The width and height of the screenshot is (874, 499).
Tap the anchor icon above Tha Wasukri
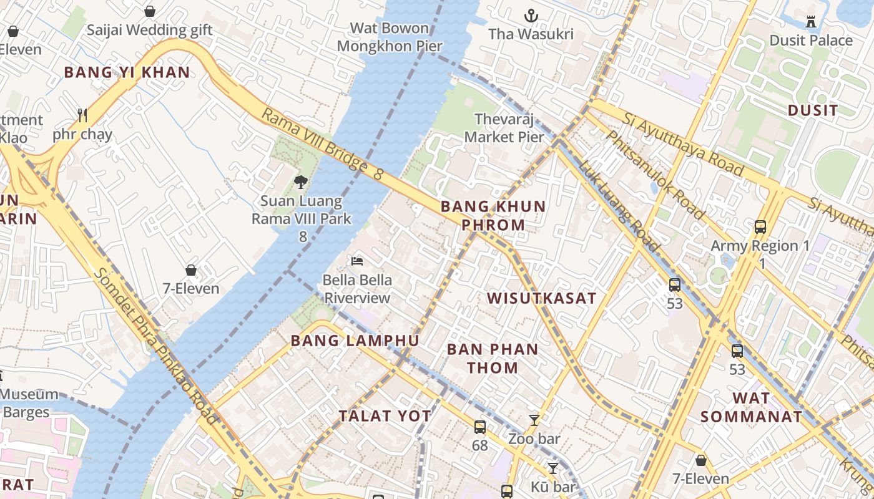click(x=531, y=15)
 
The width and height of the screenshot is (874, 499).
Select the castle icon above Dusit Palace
click(x=811, y=22)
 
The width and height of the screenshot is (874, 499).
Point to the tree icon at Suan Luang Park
click(x=301, y=182)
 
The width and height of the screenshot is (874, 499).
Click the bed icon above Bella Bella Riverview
click(x=357, y=261)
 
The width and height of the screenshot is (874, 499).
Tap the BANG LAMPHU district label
click(x=355, y=341)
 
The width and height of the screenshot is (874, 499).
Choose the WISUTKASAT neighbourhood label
click(x=541, y=298)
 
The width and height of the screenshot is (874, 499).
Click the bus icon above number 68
click(x=479, y=427)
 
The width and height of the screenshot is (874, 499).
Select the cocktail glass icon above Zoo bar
click(x=534, y=420)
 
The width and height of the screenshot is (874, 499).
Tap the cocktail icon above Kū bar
click(x=553, y=467)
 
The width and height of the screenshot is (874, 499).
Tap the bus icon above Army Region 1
click(x=760, y=227)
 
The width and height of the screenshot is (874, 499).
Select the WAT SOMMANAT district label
click(x=750, y=407)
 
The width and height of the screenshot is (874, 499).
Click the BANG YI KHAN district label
click(x=127, y=72)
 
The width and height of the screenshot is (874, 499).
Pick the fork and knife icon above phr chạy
click(x=82, y=115)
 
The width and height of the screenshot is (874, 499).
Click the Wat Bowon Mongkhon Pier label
click(x=390, y=37)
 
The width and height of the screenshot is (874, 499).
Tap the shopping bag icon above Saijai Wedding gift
click(x=149, y=11)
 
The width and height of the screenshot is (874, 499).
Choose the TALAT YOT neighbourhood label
click(x=385, y=416)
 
